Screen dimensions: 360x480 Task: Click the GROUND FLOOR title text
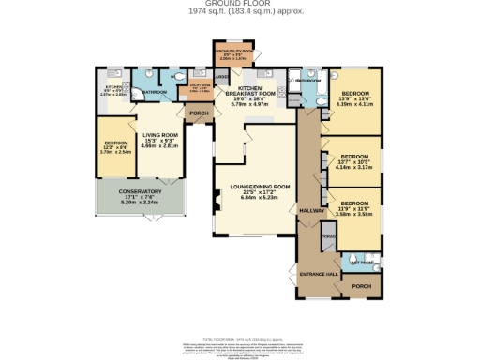(239, 5)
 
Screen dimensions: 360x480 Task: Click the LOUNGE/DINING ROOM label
(254, 187)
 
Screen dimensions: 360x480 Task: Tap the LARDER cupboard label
(222, 77)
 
